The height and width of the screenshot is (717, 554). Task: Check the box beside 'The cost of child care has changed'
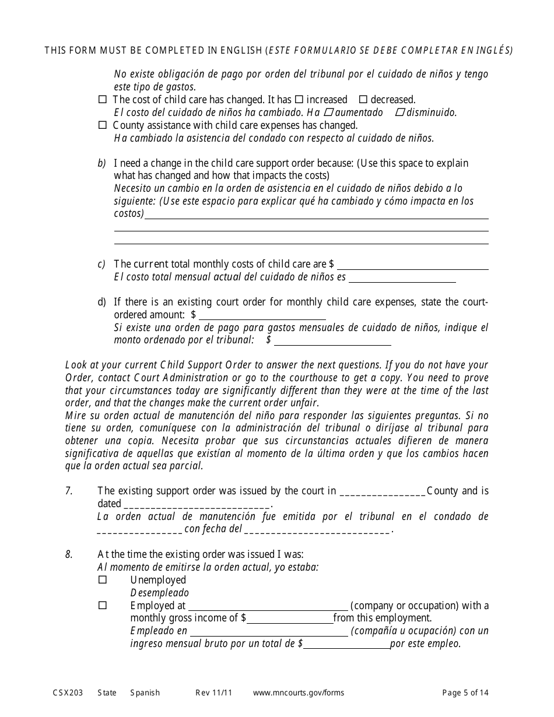pos(103,100)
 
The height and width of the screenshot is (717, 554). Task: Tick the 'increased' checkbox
pos(299,100)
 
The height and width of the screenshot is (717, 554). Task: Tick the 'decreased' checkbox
pos(363,100)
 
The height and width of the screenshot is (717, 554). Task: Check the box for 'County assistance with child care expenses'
pos(103,125)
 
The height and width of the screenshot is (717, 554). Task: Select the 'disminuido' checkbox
pos(400,113)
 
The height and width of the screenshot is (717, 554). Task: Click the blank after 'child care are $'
pos(412,265)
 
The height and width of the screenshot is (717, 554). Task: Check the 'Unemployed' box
pos(103,580)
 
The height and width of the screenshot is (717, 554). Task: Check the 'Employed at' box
pos(103,606)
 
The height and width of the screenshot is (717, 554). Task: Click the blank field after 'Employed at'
pos(268,606)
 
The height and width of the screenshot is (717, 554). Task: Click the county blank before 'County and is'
pos(382,491)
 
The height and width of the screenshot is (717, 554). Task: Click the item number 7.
pos(69,491)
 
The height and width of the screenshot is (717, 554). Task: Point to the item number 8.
pos(69,554)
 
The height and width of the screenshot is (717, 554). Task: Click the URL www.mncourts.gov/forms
pos(299,693)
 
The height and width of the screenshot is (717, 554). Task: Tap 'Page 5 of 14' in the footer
pos(465,693)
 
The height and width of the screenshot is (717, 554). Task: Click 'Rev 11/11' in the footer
pos(213,693)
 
